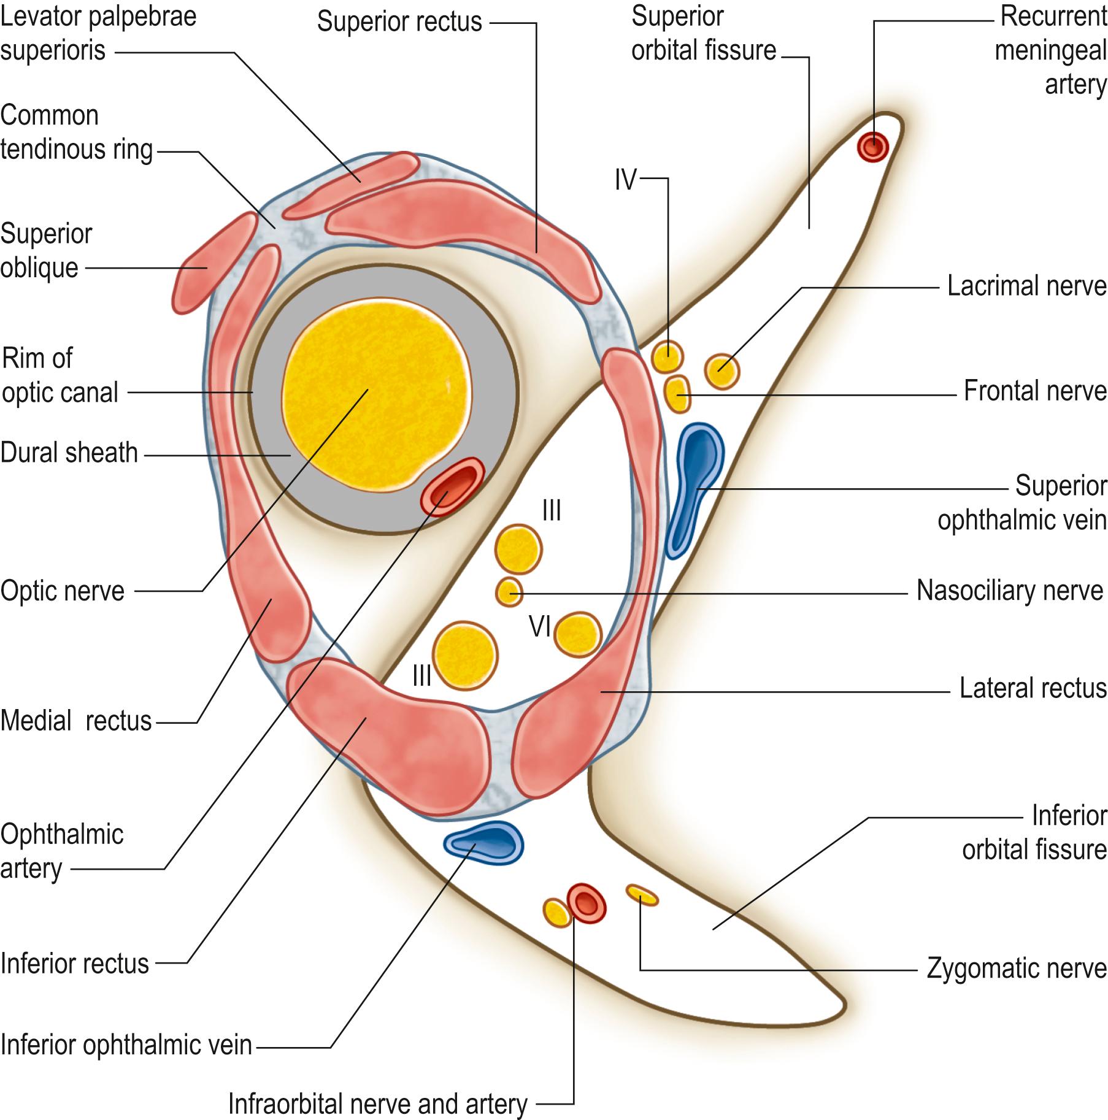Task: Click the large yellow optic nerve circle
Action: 374,396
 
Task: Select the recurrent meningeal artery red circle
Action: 872,146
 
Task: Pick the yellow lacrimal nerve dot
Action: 722,370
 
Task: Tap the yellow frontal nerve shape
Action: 677,394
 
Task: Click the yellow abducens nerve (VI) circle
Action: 577,634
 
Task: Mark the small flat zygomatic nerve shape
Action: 642,895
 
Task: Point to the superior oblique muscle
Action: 212,264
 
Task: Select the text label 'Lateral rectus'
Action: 1033,688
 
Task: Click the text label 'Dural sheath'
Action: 69,453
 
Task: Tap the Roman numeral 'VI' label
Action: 540,627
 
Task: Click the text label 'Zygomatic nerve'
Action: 1016,968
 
